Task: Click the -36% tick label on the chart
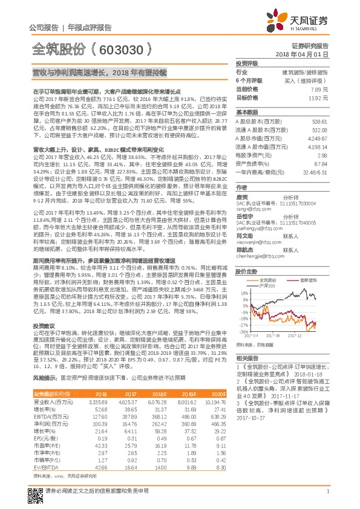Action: point(243,331)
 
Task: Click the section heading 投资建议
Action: point(44,325)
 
